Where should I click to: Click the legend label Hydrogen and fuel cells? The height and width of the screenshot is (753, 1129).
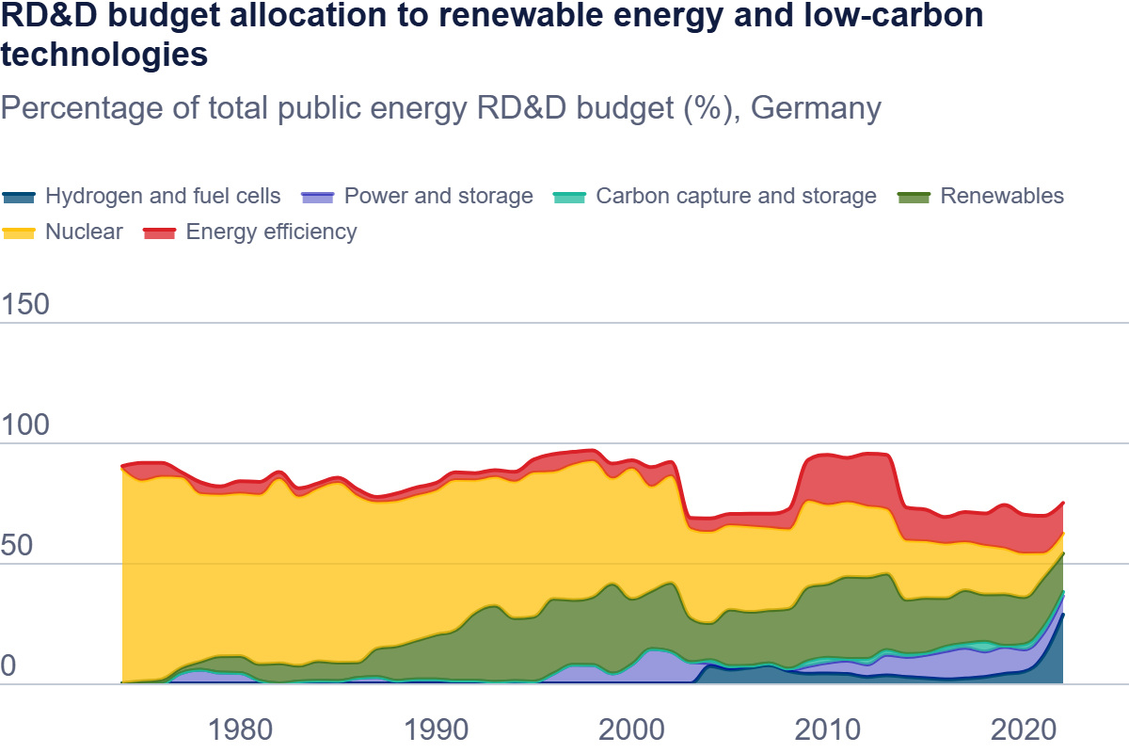163,196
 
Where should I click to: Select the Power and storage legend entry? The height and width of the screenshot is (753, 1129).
438,196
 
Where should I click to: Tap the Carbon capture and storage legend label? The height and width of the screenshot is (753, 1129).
736,196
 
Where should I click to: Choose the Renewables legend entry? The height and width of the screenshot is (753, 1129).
1002,196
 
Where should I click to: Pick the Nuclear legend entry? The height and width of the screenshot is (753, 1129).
84,232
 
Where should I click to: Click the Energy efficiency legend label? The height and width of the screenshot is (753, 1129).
271,232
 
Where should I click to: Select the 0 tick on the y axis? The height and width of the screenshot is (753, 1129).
9,666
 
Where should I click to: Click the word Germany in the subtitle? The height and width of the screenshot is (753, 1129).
817,108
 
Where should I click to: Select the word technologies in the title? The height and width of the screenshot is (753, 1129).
104,55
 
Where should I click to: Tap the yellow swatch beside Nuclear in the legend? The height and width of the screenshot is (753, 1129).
19,232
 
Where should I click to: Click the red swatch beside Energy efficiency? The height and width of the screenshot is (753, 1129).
160,232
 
